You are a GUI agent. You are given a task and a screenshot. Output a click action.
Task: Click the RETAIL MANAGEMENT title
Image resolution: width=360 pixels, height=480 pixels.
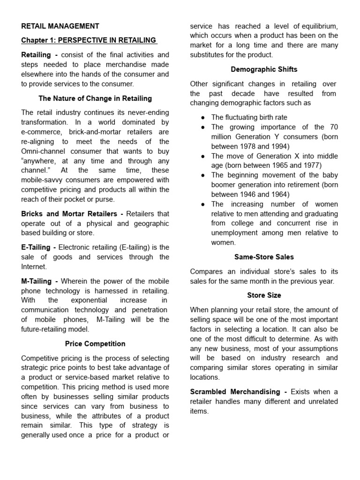tap(60, 26)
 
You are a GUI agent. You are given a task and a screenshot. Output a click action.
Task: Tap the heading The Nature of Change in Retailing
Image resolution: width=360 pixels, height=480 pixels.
tap(95, 98)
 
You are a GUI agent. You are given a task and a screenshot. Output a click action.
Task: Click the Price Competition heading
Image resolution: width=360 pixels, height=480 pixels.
tap(95, 344)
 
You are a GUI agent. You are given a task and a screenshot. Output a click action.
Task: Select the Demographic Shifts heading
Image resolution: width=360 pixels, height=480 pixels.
tap(264, 69)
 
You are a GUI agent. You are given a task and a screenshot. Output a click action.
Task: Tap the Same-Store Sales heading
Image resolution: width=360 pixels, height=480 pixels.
tap(264, 257)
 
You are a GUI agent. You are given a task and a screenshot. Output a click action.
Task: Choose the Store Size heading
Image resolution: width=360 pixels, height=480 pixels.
tap(264, 295)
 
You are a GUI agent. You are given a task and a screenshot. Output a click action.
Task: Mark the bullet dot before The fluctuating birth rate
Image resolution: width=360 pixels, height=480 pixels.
tap(202, 118)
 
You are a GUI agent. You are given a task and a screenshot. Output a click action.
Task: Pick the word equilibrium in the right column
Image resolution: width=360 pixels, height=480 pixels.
tap(320, 26)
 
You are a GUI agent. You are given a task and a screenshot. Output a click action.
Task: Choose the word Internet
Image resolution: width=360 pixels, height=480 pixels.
tap(34, 266)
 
